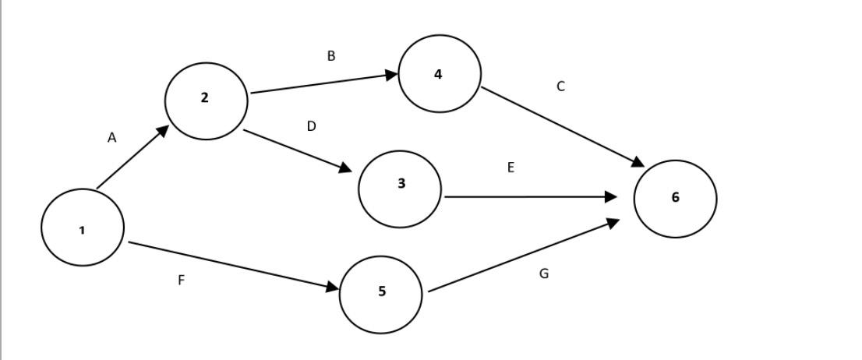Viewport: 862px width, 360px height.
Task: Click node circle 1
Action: (x=83, y=228)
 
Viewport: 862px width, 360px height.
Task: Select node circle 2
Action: (x=207, y=101)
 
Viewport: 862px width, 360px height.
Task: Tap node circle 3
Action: (x=400, y=189)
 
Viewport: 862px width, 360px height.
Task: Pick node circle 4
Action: (x=440, y=73)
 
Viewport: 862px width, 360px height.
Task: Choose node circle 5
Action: (x=381, y=295)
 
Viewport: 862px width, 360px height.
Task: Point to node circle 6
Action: (x=675, y=199)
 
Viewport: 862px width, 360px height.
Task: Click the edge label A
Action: (x=111, y=138)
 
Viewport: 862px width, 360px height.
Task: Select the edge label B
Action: (x=331, y=56)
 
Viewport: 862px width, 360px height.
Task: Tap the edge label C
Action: (x=560, y=86)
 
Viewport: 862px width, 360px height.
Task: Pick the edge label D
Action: (x=311, y=126)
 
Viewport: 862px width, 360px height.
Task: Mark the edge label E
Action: (x=510, y=168)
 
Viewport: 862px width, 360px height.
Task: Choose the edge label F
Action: (x=181, y=281)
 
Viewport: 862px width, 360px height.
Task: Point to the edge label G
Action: (x=544, y=274)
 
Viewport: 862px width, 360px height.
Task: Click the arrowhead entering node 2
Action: (x=162, y=130)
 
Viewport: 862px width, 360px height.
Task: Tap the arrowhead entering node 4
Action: (x=392, y=75)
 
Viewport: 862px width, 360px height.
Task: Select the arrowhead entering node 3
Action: (x=345, y=168)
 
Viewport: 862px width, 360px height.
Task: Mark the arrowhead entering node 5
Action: (x=332, y=289)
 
